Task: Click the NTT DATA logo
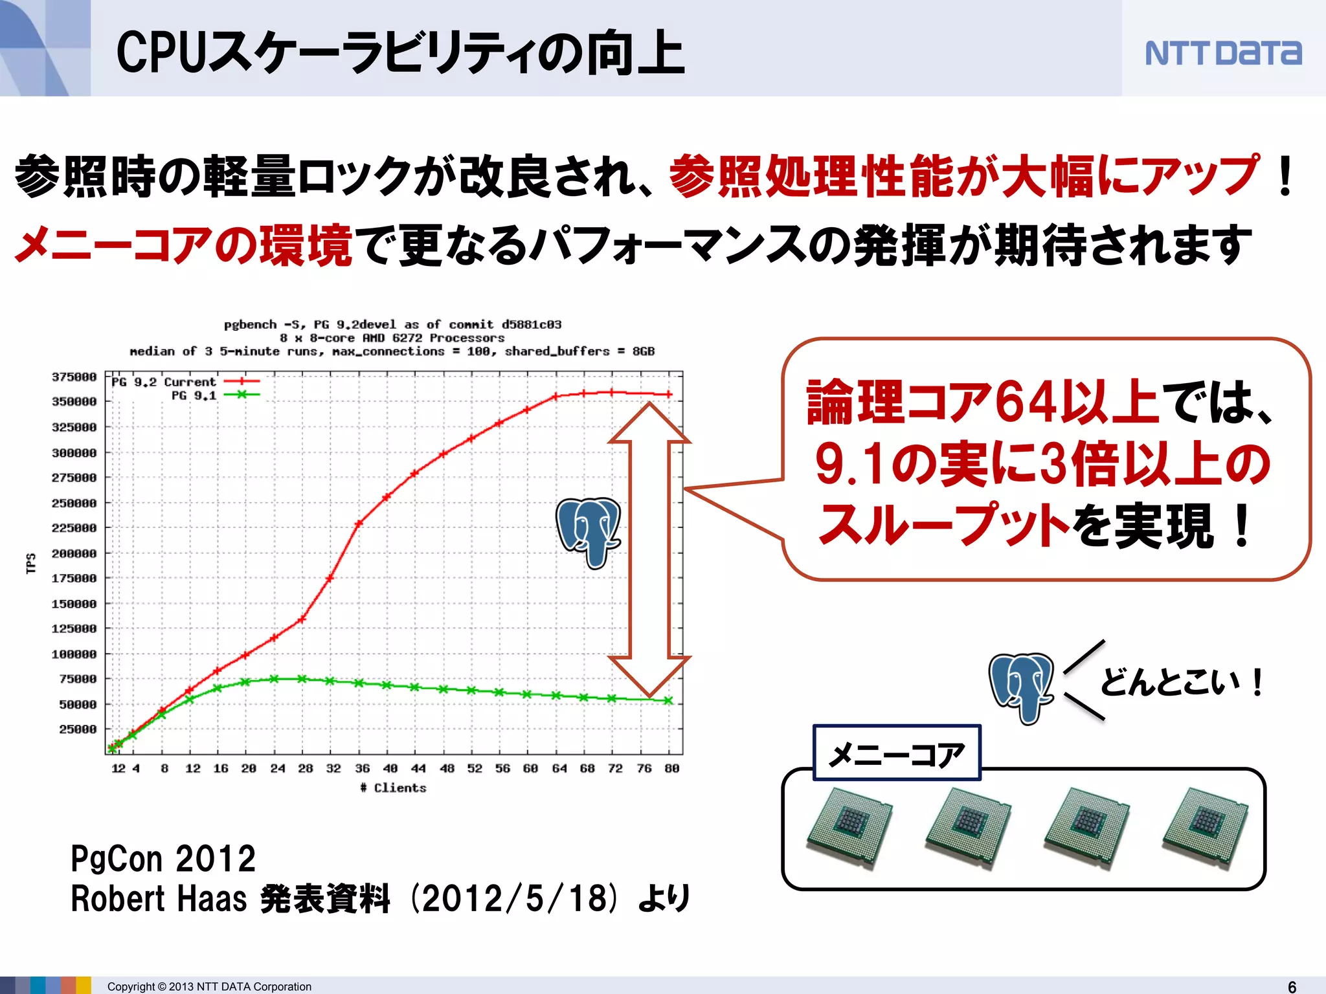tap(1222, 53)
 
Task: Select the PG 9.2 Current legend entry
tap(185, 382)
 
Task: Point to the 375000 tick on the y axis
tap(74, 377)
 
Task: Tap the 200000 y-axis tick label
tap(74, 553)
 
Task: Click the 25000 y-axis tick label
tap(77, 729)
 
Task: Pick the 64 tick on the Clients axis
tap(559, 768)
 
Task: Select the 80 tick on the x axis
tap(671, 768)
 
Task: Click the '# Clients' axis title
tap(394, 788)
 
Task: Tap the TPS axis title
tap(30, 563)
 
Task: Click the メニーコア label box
tap(897, 753)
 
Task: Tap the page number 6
tap(1292, 986)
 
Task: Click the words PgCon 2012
tap(163, 859)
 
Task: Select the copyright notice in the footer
tap(209, 986)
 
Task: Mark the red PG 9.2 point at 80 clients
tap(669, 394)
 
